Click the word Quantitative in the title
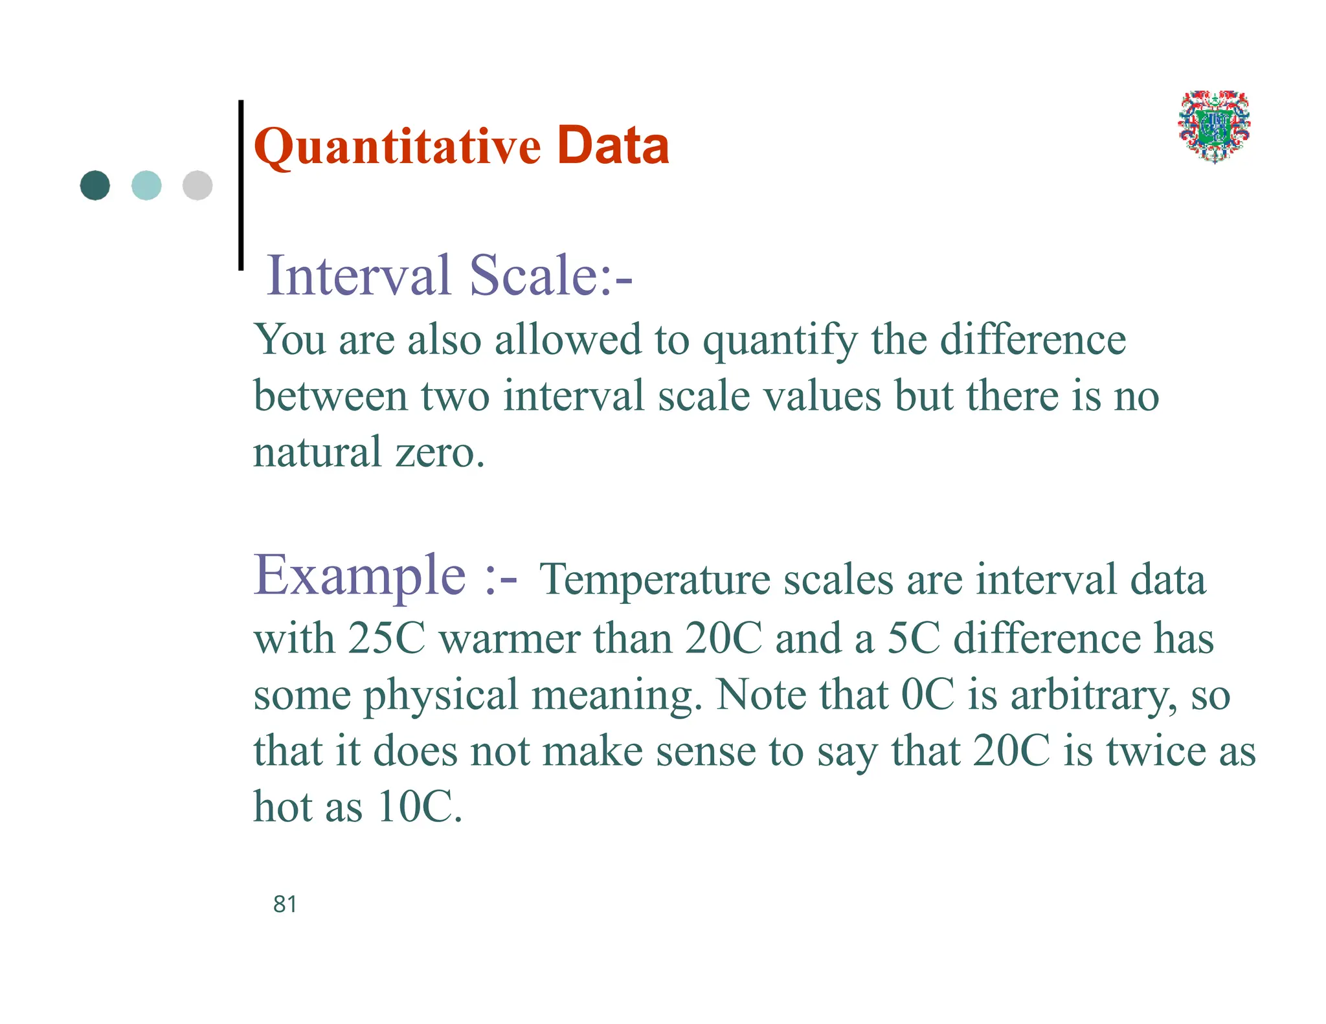[x=397, y=148]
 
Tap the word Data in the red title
[x=612, y=146]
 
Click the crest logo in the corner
[x=1214, y=126]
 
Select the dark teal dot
[x=95, y=186]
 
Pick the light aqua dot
[x=146, y=186]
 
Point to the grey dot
[x=197, y=186]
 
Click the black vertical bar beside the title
[x=241, y=184]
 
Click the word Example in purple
[x=359, y=575]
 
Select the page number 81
[x=285, y=904]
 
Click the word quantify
[x=780, y=340]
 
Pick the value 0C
[x=928, y=695]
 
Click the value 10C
[x=419, y=807]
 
